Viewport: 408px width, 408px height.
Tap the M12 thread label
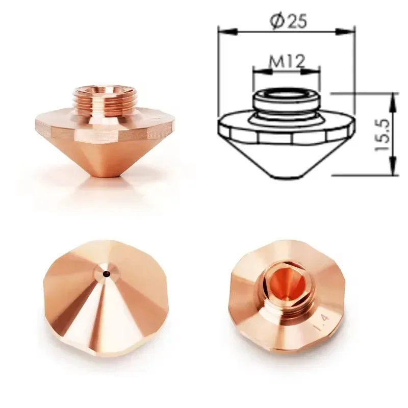(x=286, y=62)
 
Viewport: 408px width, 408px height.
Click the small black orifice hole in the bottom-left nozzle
(x=107, y=273)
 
